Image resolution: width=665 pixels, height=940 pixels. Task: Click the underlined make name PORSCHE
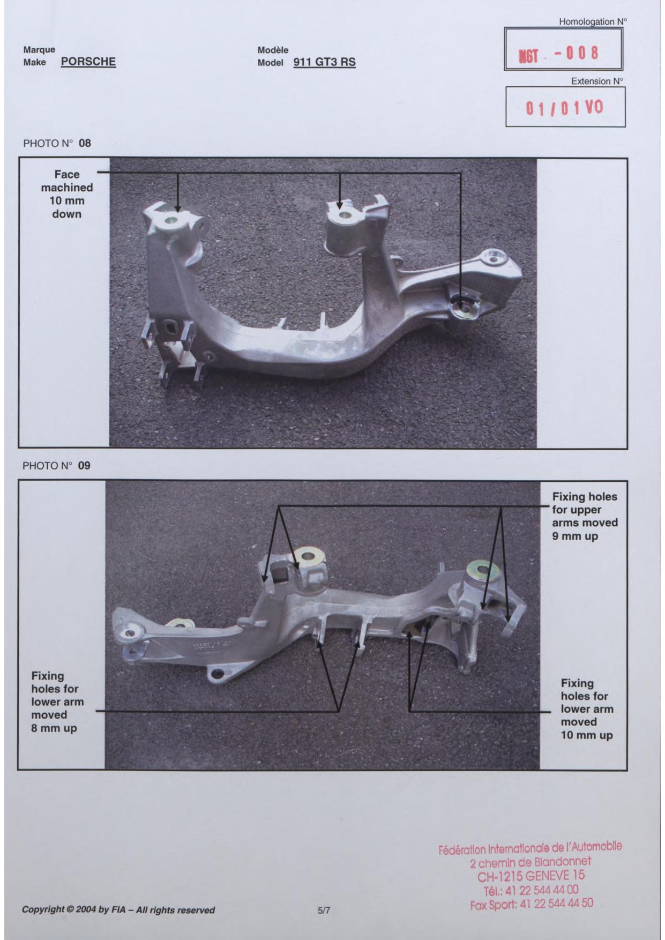point(88,62)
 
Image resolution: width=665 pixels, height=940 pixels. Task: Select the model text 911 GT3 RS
point(324,62)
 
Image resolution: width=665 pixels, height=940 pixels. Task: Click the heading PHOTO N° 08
point(57,144)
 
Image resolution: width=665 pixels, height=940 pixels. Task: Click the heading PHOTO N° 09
point(56,466)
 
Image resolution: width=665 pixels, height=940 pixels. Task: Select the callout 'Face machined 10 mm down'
point(67,194)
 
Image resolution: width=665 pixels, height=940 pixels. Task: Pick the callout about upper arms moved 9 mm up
point(585,516)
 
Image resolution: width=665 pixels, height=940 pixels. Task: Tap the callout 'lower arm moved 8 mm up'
point(57,702)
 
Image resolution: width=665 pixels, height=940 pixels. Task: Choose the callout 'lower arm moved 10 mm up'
point(587,709)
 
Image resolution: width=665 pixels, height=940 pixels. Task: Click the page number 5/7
point(324,910)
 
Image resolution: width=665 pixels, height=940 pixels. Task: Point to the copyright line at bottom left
point(118,910)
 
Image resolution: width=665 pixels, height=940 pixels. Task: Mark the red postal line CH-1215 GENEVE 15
point(531,876)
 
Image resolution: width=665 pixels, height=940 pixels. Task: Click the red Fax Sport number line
point(532,904)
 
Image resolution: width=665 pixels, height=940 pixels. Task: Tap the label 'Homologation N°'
point(593,22)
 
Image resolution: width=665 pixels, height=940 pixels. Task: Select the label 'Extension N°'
point(597,81)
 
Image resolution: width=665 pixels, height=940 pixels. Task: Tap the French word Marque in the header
point(39,50)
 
